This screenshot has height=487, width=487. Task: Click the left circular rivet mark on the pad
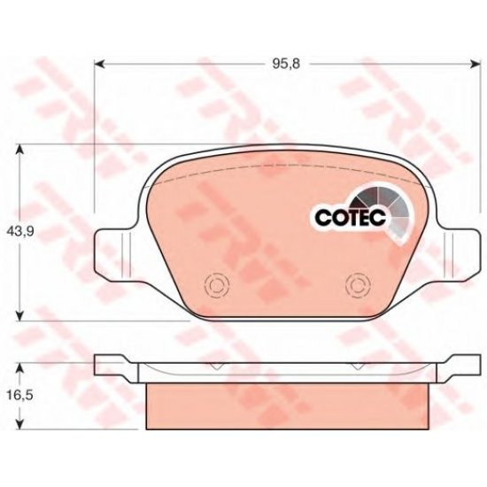[213, 285]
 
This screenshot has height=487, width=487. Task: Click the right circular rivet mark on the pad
[358, 285]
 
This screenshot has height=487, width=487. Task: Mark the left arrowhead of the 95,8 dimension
[100, 63]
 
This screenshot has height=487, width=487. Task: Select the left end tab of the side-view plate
[108, 363]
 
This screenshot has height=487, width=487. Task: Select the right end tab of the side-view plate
[460, 363]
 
